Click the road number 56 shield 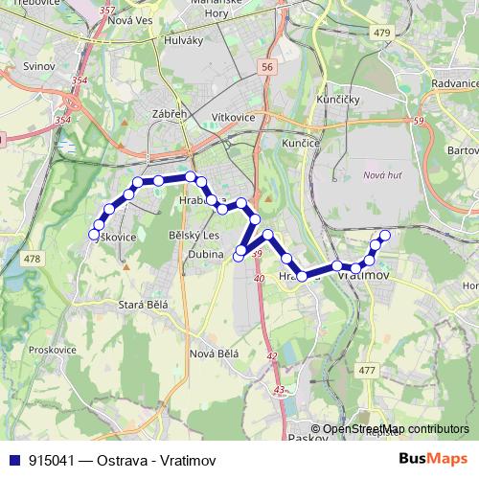pyautogui.click(x=266, y=66)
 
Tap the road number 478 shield pyautogui.click(x=33, y=260)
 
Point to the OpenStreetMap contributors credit pyautogui.click(x=396, y=429)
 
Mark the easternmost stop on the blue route pyautogui.click(x=385, y=235)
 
